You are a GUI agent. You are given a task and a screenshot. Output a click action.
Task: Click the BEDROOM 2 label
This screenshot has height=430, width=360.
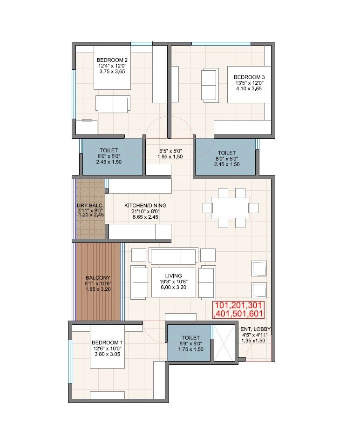[x=112, y=60]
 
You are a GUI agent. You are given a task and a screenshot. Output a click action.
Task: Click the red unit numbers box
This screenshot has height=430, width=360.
[x=238, y=309]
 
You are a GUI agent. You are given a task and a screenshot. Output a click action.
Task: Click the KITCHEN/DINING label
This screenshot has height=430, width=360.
[x=145, y=205]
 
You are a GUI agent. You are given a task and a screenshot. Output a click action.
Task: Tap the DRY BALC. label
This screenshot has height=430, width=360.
[x=90, y=205]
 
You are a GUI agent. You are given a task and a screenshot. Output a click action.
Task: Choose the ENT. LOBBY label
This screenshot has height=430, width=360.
[x=256, y=329]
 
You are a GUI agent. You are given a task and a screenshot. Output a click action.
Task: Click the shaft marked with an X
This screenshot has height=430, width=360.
[x=224, y=343]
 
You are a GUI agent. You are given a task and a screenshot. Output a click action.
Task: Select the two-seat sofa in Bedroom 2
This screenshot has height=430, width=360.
[x=112, y=104]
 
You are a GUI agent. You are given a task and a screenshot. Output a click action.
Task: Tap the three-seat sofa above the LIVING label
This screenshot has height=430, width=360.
[x=173, y=256]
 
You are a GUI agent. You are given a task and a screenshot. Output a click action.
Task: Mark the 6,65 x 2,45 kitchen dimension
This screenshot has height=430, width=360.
[x=145, y=217]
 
